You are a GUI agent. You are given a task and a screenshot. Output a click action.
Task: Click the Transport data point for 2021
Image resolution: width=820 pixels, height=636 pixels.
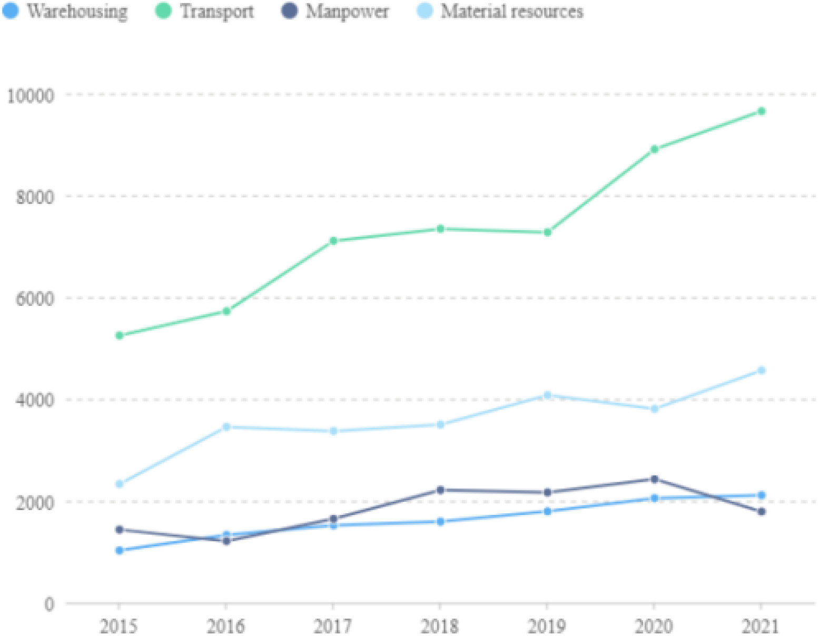click(762, 111)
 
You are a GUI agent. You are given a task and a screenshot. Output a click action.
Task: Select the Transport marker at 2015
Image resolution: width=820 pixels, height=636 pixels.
click(119, 335)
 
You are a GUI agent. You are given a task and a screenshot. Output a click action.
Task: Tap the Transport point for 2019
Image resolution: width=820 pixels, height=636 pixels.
click(548, 232)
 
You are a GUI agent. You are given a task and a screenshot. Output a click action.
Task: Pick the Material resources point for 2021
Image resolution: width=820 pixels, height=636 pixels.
click(762, 371)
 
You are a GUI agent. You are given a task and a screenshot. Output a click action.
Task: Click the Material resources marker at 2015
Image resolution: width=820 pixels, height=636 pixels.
click(119, 484)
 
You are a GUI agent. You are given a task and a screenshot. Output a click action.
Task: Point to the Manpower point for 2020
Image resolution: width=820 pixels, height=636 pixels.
click(655, 479)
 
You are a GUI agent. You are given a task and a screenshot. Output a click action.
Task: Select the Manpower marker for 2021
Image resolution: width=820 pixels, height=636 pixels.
click(762, 512)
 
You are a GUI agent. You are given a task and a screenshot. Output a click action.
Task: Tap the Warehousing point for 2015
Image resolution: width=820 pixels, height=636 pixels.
click(119, 550)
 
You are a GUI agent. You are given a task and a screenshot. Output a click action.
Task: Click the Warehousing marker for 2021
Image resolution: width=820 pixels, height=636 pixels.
click(762, 495)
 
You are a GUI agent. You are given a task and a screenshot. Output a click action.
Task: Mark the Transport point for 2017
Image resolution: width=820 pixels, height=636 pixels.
click(333, 241)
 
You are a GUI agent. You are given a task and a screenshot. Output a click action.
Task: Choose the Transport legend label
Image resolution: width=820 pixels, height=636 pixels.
click(218, 11)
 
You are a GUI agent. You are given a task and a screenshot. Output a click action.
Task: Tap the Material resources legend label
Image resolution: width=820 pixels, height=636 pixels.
click(512, 11)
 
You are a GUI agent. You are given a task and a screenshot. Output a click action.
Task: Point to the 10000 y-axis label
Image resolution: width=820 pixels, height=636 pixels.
click(31, 96)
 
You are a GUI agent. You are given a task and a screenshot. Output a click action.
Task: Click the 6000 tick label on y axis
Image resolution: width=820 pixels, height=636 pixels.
click(35, 299)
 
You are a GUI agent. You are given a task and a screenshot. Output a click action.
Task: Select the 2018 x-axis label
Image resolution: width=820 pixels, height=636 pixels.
click(440, 627)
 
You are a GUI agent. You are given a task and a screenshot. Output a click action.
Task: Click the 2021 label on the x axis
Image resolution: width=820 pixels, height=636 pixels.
click(761, 627)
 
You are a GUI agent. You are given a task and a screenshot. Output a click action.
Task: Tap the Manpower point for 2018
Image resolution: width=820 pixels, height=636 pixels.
click(440, 490)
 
